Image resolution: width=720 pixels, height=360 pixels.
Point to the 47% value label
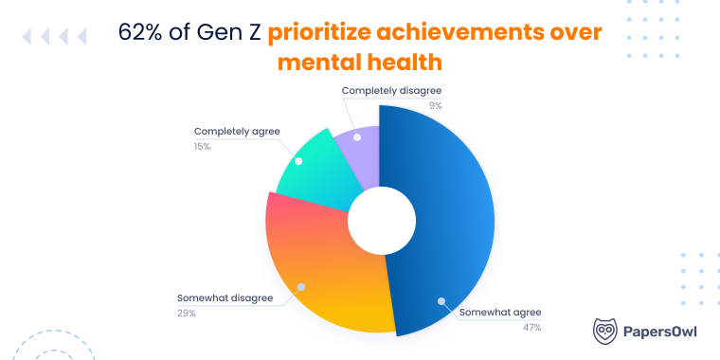tap(530, 327)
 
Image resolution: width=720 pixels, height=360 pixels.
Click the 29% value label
tap(186, 313)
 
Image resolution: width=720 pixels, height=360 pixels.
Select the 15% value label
tap(202, 146)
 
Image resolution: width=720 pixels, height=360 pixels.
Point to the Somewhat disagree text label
tap(225, 297)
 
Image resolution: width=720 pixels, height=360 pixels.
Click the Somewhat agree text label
tap(499, 312)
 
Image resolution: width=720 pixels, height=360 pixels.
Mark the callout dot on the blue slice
tap(441, 301)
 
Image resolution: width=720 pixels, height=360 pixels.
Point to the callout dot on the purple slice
tap(358, 137)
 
